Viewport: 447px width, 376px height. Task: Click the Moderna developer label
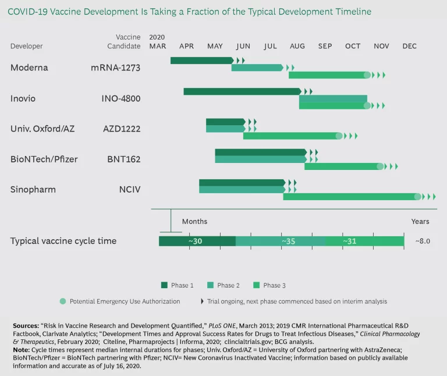pyautogui.click(x=29, y=68)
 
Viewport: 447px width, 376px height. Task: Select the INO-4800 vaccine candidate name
pyautogui.click(x=121, y=98)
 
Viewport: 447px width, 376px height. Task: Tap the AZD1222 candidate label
pyautogui.click(x=122, y=128)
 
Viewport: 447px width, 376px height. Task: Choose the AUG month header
pyautogui.click(x=297, y=47)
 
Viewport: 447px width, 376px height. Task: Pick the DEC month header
pyautogui.click(x=409, y=47)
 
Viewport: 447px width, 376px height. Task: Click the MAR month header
pyautogui.click(x=158, y=47)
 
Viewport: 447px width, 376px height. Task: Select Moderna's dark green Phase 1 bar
pyautogui.click(x=201, y=61)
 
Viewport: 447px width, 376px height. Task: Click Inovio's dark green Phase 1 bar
pyautogui.click(x=242, y=91)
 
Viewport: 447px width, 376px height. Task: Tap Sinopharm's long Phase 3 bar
pyautogui.click(x=349, y=197)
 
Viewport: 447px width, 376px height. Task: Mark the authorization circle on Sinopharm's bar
pyautogui.click(x=417, y=197)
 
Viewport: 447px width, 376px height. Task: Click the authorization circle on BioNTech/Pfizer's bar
pyautogui.click(x=380, y=166)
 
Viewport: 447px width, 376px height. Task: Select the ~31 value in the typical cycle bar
pyautogui.click(x=349, y=241)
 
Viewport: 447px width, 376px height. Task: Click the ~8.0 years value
pyautogui.click(x=423, y=241)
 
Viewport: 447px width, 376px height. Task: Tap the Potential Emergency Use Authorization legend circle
pyautogui.click(x=62, y=301)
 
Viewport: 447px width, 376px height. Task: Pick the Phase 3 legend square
pyautogui.click(x=256, y=285)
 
